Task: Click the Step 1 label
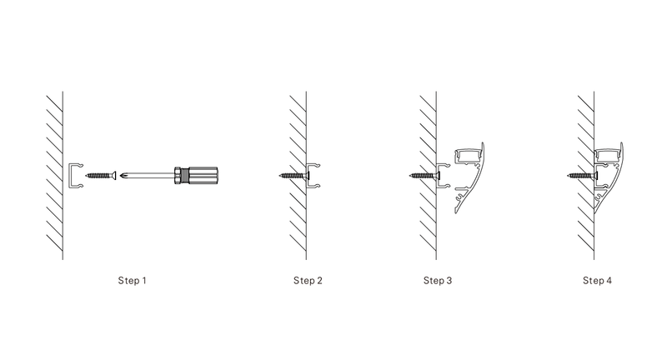point(132,281)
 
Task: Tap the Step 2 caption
point(308,281)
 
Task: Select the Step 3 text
point(437,281)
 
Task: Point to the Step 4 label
point(597,281)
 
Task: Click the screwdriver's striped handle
point(203,175)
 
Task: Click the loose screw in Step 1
point(101,175)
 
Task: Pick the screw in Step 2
point(294,175)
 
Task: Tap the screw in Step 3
point(424,175)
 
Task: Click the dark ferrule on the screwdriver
point(181,175)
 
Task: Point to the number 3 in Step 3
point(449,281)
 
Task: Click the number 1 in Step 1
point(143,281)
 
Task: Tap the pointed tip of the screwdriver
point(121,175)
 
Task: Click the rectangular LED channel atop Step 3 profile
point(468,157)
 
